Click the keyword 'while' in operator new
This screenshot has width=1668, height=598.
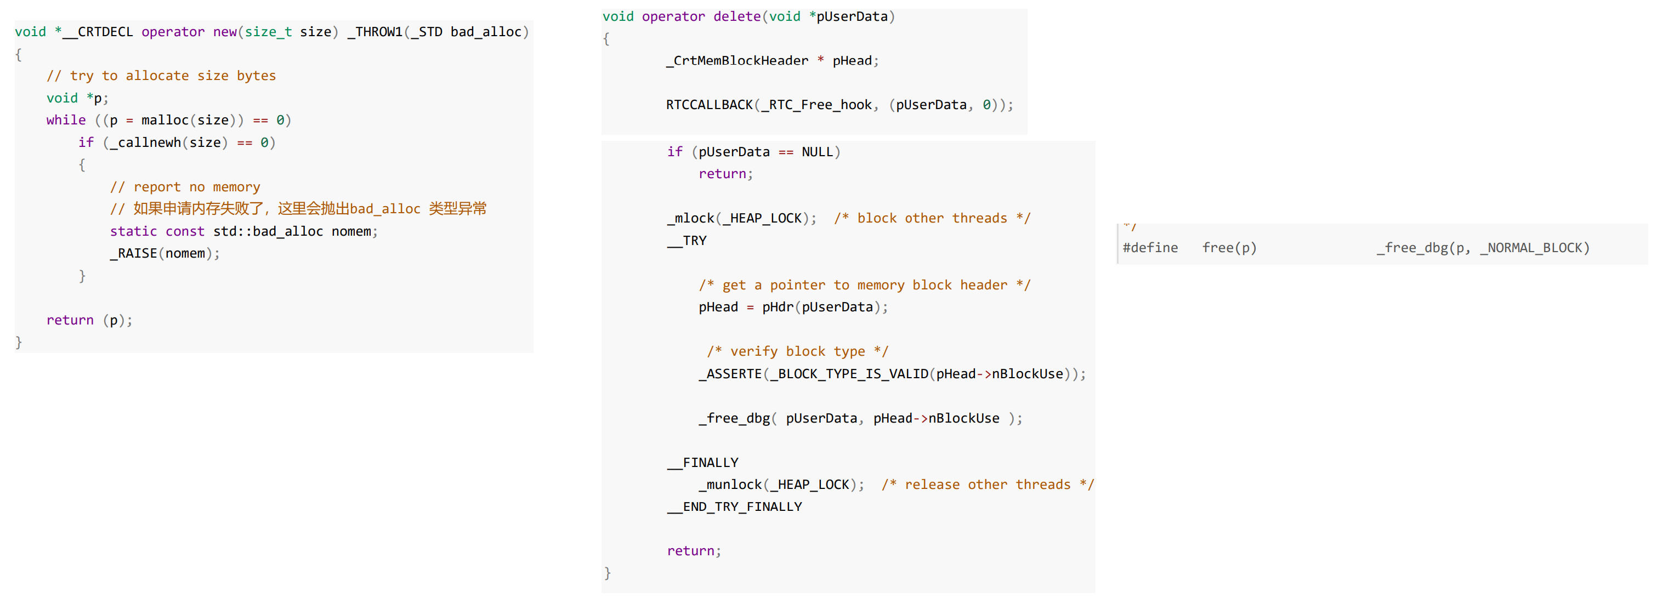tap(66, 121)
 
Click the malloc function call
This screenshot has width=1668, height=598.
tap(164, 121)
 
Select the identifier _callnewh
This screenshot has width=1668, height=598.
tap(145, 143)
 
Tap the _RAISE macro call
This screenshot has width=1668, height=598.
tap(133, 254)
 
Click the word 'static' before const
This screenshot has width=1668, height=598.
tap(133, 232)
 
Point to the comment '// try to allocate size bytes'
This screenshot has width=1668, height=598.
tap(161, 76)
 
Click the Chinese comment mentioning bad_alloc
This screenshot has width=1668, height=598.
tap(298, 209)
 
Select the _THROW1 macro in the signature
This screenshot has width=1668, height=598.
tap(375, 32)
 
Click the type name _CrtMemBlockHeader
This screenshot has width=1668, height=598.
tap(737, 61)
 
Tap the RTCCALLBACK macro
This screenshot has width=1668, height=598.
tap(709, 105)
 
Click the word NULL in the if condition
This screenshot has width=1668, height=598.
tap(817, 152)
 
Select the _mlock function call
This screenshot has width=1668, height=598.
tap(690, 219)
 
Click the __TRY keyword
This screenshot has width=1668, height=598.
tap(687, 241)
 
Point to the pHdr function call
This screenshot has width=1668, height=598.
tap(777, 307)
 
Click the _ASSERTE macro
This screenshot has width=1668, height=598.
tap(730, 374)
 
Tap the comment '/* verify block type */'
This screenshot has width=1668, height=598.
tap(797, 351)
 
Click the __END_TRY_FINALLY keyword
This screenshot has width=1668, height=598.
tap(734, 507)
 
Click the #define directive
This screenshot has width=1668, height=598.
tap(1150, 248)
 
